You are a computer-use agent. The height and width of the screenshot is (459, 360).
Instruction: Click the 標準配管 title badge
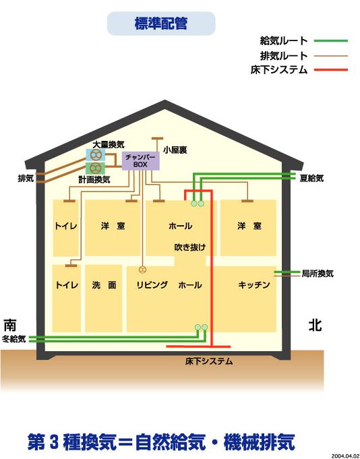click(x=161, y=24)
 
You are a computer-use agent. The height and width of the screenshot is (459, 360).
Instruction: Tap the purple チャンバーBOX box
click(x=140, y=160)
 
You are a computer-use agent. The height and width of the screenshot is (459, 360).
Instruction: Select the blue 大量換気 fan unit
click(x=96, y=155)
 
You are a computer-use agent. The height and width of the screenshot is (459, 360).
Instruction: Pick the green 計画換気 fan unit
click(x=96, y=169)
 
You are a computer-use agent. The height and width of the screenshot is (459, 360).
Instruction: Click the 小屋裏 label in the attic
click(x=175, y=150)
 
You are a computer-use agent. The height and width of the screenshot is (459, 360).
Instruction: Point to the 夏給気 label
click(x=311, y=178)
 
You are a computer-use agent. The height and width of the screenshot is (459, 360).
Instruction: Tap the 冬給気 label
click(x=13, y=339)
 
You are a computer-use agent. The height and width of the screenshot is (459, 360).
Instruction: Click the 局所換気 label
click(x=318, y=274)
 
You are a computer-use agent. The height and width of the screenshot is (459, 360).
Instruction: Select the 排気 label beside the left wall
click(x=26, y=178)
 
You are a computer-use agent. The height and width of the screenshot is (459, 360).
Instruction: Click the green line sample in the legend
click(x=331, y=40)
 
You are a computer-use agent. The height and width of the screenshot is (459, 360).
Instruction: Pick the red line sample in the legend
click(x=331, y=70)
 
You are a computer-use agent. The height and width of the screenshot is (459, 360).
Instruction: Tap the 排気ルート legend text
click(x=284, y=56)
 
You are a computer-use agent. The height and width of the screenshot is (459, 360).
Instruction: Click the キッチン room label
click(x=254, y=285)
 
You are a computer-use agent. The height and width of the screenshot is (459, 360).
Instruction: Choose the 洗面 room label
click(x=104, y=285)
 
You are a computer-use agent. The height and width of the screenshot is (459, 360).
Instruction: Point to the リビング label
click(x=152, y=285)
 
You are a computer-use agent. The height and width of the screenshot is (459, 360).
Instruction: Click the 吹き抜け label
click(x=190, y=247)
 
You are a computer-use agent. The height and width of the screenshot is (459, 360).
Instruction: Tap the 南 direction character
click(x=10, y=325)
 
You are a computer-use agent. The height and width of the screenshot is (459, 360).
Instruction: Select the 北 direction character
click(x=316, y=325)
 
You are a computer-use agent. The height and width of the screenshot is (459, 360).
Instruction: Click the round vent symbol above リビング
click(x=142, y=270)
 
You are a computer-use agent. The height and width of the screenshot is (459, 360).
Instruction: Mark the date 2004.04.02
click(x=345, y=456)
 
